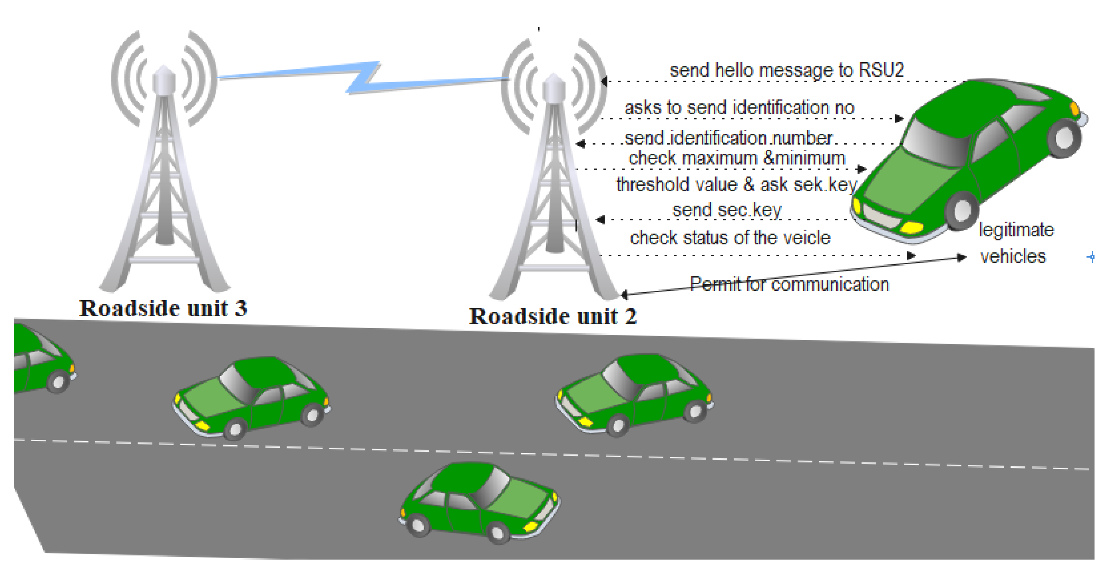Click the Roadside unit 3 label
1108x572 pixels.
(163, 308)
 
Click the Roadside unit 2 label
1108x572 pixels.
(552, 316)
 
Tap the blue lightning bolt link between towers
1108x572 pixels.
(363, 77)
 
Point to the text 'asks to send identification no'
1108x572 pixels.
(739, 107)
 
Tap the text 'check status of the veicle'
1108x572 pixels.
(730, 238)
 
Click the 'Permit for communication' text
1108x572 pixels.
(789, 284)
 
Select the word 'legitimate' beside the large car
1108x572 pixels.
(1016, 230)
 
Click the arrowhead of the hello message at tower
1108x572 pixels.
(605, 81)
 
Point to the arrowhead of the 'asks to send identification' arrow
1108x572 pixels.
(898, 118)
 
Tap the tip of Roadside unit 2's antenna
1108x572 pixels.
(553, 76)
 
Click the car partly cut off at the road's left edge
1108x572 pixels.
(41, 359)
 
